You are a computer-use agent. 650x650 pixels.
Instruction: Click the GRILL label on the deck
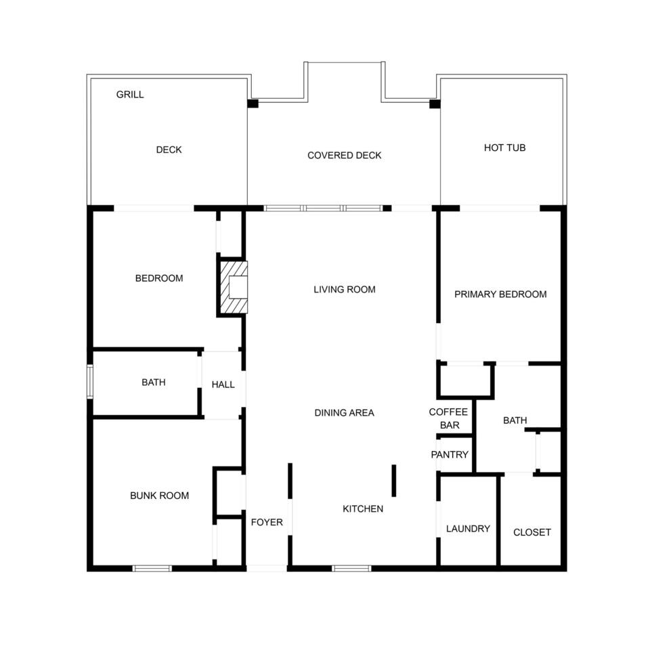point(130,95)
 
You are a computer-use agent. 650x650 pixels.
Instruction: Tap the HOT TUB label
point(504,148)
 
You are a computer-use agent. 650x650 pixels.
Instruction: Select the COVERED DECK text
point(344,156)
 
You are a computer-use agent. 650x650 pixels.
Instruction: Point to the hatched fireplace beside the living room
point(234,287)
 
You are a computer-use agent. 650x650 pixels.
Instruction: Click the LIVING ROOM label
point(345,289)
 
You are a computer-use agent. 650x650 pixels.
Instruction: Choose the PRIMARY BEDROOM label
point(500,295)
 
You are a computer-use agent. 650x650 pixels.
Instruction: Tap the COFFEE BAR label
point(448,418)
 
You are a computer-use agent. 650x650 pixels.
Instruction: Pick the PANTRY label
point(450,455)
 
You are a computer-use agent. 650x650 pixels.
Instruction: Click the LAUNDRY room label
point(468,529)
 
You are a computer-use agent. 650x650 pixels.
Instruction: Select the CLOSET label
point(532,532)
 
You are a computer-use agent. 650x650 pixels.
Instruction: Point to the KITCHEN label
point(363,508)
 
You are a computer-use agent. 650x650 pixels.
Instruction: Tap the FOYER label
point(267,522)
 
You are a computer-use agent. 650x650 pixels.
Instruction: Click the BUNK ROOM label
point(159,496)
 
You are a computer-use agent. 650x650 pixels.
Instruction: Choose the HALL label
point(223,385)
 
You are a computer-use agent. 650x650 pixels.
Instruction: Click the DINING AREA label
point(344,413)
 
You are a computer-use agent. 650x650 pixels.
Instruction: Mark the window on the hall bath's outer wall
point(89,382)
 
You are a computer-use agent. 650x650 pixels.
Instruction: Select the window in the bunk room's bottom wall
point(152,568)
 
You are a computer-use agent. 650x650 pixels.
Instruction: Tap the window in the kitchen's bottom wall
point(351,568)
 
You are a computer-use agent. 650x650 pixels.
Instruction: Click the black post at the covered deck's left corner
point(253,104)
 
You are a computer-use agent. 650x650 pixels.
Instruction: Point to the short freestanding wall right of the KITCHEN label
point(394,481)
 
